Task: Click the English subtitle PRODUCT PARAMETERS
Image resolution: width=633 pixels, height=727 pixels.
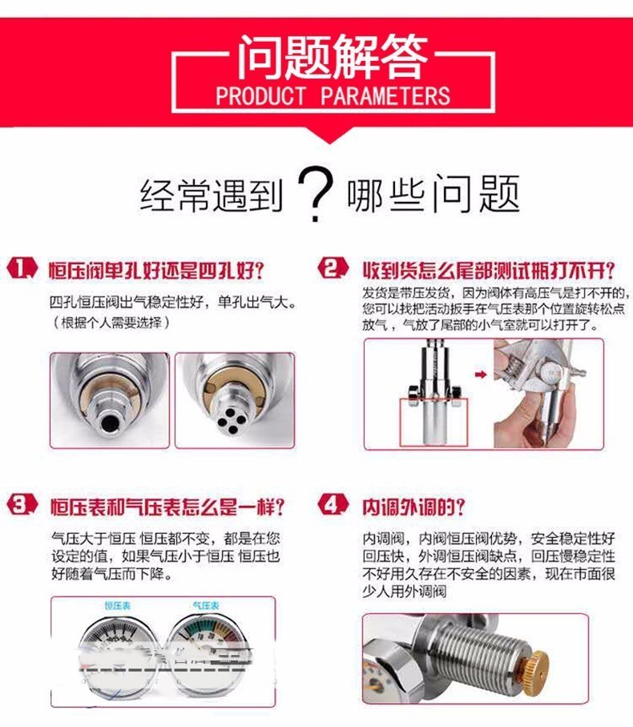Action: point(333,97)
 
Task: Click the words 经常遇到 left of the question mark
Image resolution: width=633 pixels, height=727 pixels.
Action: point(212,196)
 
